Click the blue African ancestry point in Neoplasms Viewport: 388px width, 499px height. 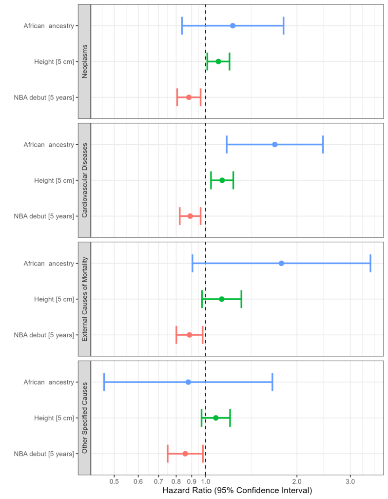(233, 25)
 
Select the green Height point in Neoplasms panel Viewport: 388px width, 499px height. (218, 61)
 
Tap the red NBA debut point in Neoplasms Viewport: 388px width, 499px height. (189, 97)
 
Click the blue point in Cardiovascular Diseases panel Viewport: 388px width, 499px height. (275, 144)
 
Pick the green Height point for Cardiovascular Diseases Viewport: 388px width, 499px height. (222, 180)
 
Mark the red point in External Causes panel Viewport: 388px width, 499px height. (190, 335)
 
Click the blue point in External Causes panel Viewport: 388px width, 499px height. (281, 263)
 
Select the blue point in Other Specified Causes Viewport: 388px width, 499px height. (188, 382)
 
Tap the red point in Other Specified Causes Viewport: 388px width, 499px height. (185, 454)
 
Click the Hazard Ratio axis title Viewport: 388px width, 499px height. (237, 491)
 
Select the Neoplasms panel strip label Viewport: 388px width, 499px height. (85, 61)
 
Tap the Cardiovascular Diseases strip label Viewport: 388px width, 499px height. (85, 180)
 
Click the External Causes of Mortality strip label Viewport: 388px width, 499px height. (85, 299)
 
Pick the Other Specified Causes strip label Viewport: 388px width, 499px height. (85, 418)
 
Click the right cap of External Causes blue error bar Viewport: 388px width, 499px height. (370, 263)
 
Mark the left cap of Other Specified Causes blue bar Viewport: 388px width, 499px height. (104, 382)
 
